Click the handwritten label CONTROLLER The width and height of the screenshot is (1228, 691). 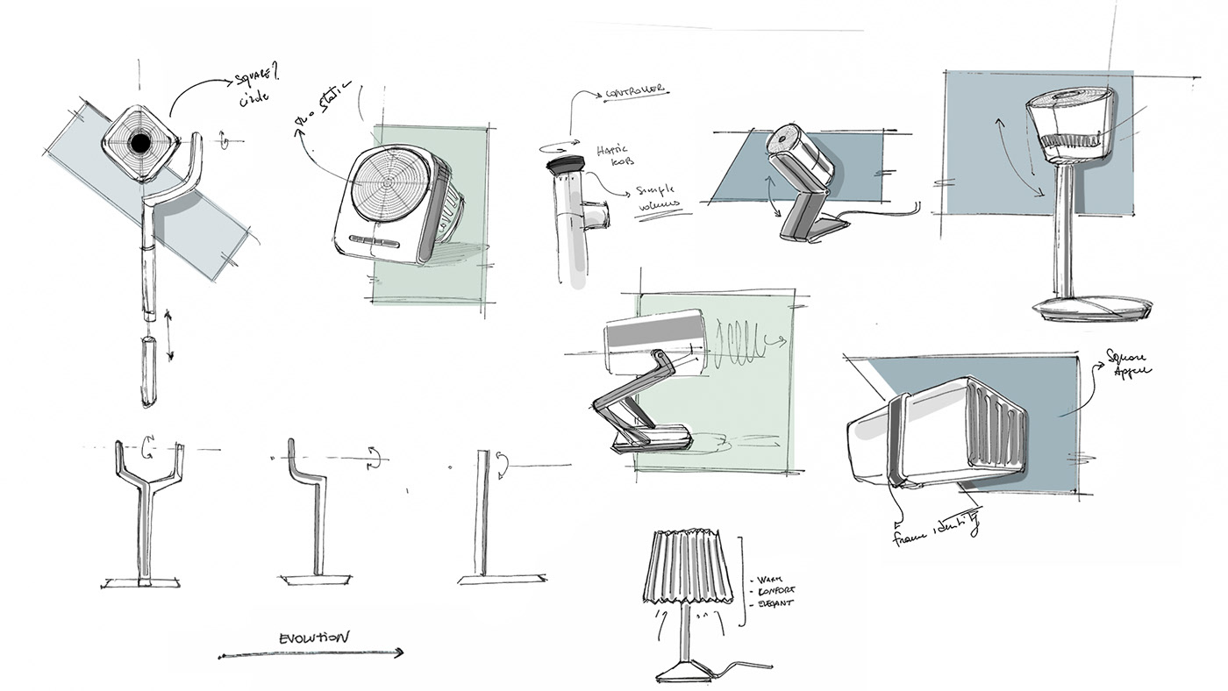click(632, 92)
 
